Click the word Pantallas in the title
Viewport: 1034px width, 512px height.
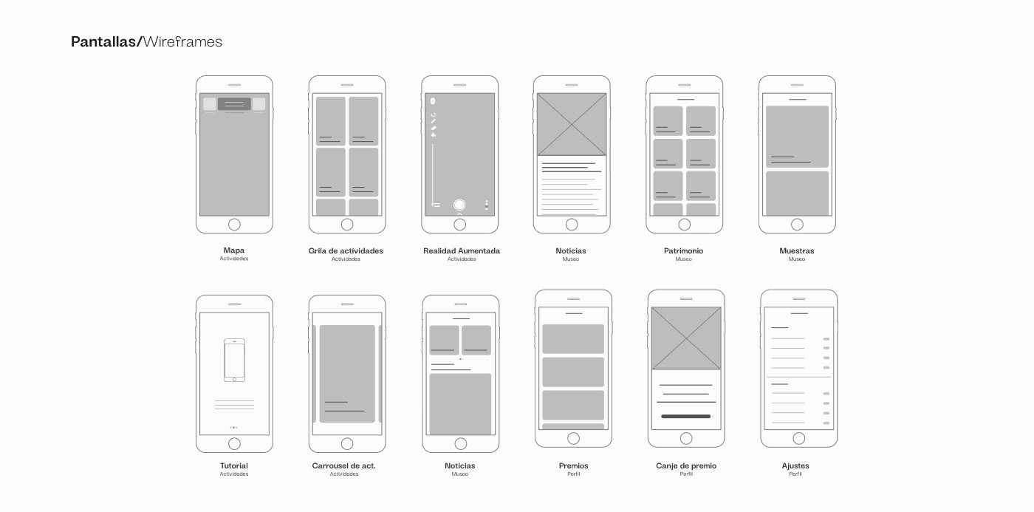pos(103,42)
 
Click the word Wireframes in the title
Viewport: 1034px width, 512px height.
pos(182,42)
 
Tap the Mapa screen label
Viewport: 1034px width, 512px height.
pos(234,251)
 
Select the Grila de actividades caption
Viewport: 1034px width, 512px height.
pos(346,251)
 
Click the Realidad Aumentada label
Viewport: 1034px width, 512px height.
pos(462,251)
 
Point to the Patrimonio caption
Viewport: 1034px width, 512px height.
pos(684,251)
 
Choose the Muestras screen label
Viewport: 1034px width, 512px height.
pos(797,251)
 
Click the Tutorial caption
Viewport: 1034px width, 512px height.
pos(234,466)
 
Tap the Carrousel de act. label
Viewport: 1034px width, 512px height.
pos(344,466)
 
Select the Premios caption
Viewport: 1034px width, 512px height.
pos(574,466)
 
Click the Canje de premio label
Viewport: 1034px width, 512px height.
pos(686,466)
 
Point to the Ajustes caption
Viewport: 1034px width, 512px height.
pos(795,466)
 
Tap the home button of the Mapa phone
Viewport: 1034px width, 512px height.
pos(234,225)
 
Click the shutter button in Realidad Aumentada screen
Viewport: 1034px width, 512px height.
pos(459,205)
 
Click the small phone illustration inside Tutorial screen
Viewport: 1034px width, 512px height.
pos(234,360)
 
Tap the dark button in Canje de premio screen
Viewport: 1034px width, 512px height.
pos(686,417)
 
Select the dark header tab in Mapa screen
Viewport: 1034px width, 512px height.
pos(234,104)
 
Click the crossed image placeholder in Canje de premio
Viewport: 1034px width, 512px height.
pos(686,338)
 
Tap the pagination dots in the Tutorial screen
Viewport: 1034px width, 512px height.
pos(234,427)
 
